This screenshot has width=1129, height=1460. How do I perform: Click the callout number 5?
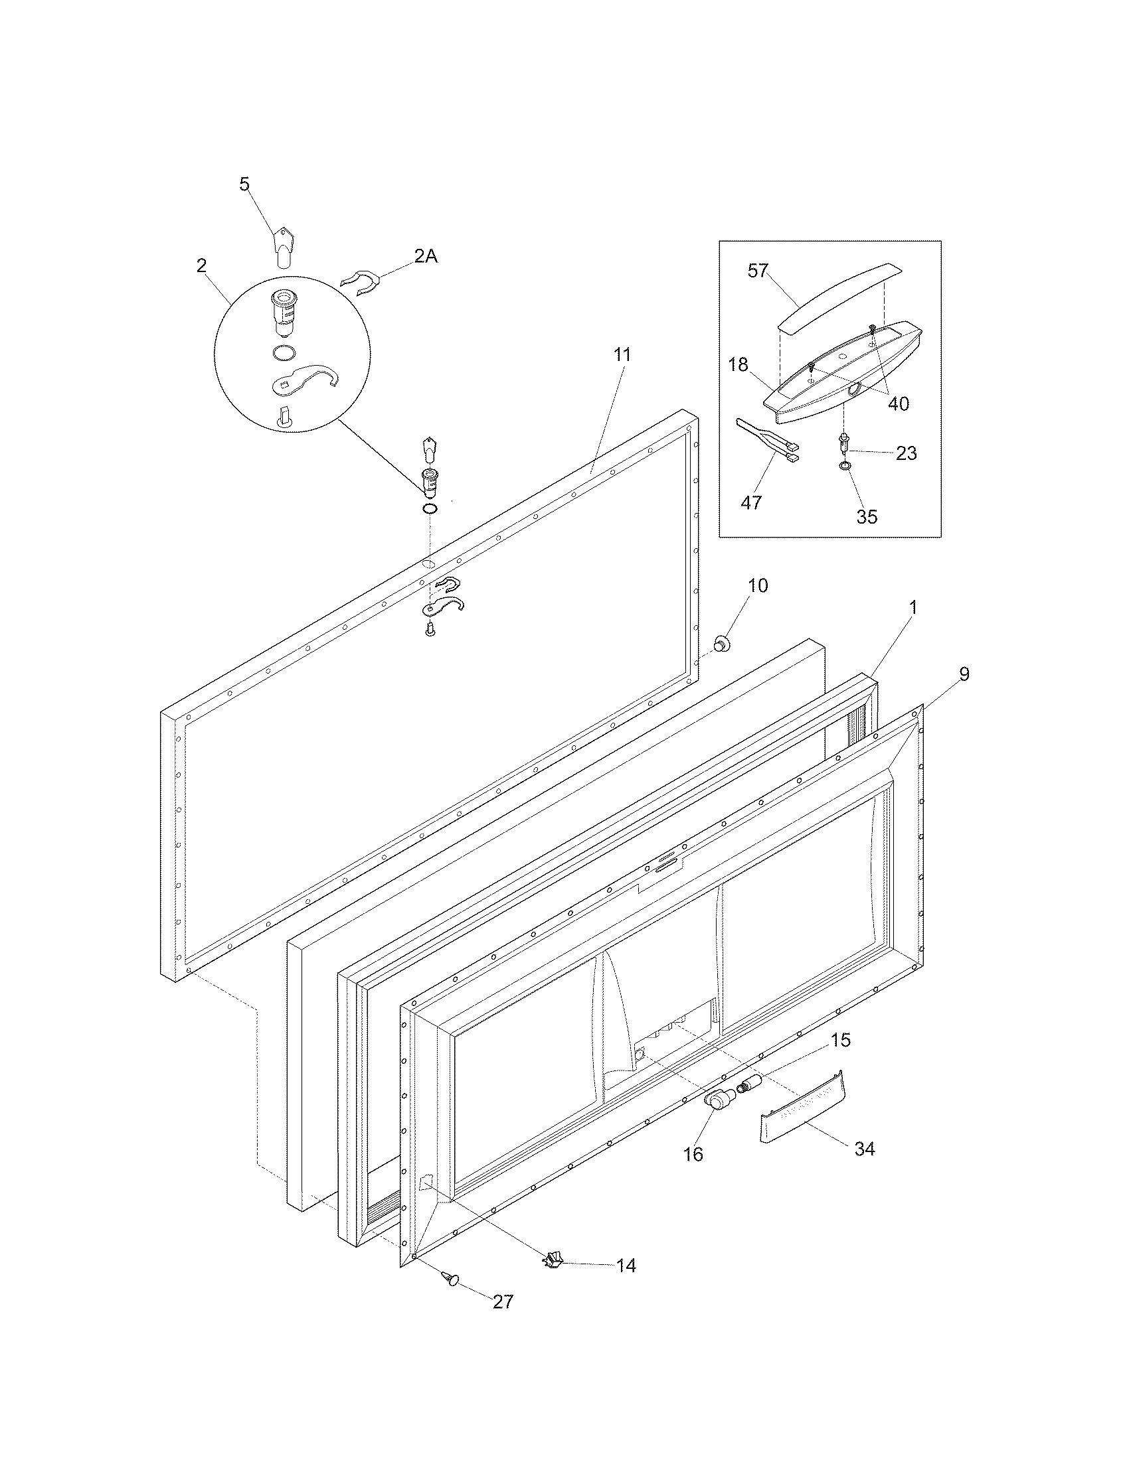(x=245, y=184)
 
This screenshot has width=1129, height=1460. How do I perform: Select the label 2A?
(x=426, y=256)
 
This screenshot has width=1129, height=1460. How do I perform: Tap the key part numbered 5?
(x=284, y=249)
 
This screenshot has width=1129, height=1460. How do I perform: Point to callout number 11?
(x=622, y=355)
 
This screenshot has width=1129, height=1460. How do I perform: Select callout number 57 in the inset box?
(x=758, y=271)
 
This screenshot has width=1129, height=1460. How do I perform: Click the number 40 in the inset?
(x=898, y=403)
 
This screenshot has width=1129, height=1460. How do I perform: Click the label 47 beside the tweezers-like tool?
(x=751, y=503)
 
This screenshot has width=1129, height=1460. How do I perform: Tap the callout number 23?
(x=907, y=453)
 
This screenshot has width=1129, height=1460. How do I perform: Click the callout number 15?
(x=841, y=1040)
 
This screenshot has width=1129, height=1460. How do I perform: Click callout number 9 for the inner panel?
(x=963, y=674)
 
